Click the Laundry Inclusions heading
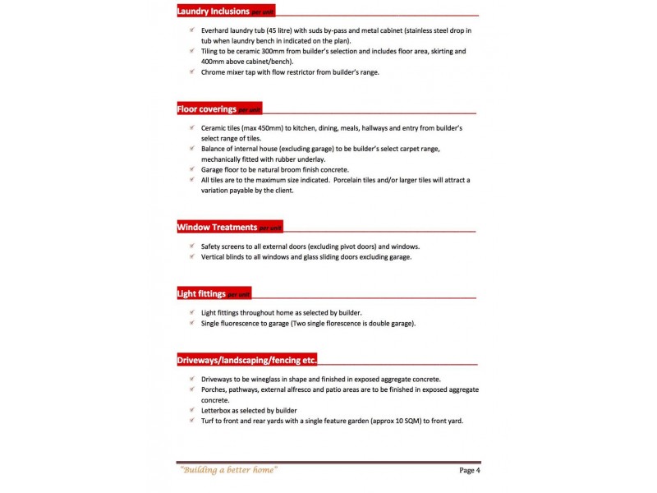pos(214,12)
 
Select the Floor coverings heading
pos(207,109)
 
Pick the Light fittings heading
pos(202,293)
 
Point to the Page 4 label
pos(469,470)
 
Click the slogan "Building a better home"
pos(229,470)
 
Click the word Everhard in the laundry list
pos(217,30)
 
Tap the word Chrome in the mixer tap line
pos(214,72)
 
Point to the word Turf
pos(209,421)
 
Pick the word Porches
pos(215,389)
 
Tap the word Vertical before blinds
pos(215,256)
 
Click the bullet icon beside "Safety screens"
pos(191,246)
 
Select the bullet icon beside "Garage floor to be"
pos(191,169)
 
